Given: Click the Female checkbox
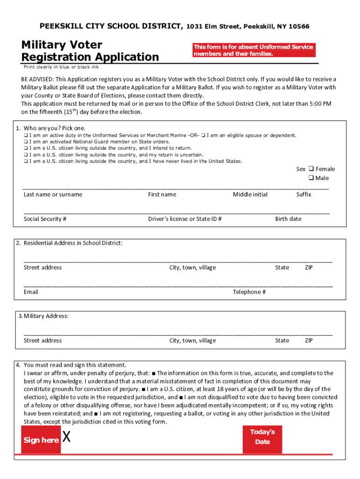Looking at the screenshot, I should (x=311, y=169).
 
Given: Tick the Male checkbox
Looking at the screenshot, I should (x=311, y=178).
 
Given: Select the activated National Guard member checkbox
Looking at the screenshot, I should (x=26, y=142).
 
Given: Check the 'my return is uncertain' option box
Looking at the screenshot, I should (x=26, y=155).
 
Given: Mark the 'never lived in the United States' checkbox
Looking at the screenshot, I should (x=26, y=161).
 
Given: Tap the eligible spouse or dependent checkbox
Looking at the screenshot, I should (x=203, y=135).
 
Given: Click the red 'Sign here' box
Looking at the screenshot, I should (x=41, y=440).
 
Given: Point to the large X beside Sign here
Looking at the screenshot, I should (x=67, y=438).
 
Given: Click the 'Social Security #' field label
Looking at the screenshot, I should (x=45, y=219).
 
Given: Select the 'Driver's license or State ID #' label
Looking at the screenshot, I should (x=185, y=219).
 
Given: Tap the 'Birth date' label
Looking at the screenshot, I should (x=288, y=219).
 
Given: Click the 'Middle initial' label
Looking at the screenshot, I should (x=250, y=195).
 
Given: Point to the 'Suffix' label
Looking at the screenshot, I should (x=303, y=195).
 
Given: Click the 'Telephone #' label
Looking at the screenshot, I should (x=249, y=292).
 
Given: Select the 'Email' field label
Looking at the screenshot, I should (x=31, y=292).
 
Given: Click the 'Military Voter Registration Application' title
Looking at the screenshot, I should (x=90, y=51).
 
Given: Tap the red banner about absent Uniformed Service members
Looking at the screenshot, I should (x=253, y=50).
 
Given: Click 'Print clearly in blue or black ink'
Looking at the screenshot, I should (x=61, y=67).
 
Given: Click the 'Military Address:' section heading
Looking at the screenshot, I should (x=43, y=316).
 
